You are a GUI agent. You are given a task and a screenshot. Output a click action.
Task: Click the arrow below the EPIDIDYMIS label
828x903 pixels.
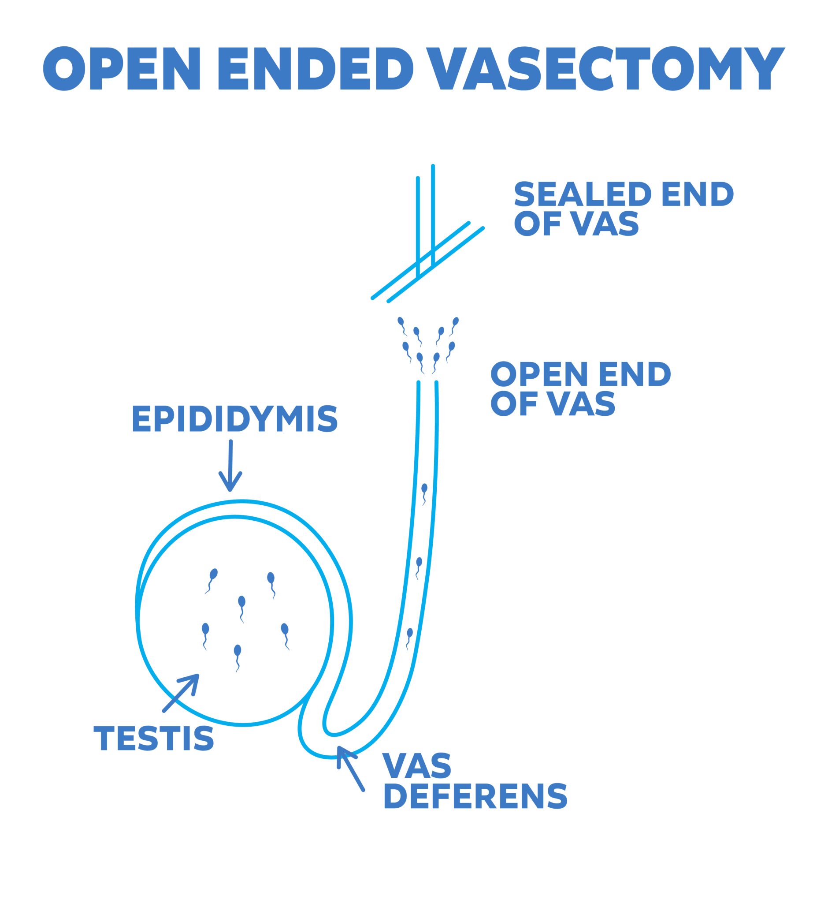(x=230, y=466)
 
